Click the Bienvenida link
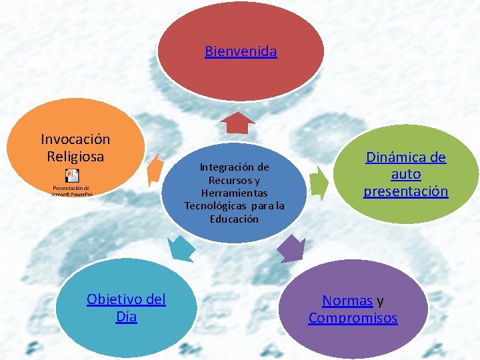tap(241, 51)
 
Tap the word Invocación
tap(75, 139)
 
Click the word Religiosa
tap(75, 157)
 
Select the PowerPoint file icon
tap(72, 176)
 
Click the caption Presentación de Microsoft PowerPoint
tap(72, 191)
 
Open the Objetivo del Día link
tap(126, 308)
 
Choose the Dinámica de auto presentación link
tap(405, 174)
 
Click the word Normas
tap(347, 301)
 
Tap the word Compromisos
tap(353, 318)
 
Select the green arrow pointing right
tap(319, 181)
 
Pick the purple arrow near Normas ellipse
tap(290, 249)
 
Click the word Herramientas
tap(234, 193)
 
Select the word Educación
tap(234, 219)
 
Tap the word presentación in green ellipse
tap(405, 191)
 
